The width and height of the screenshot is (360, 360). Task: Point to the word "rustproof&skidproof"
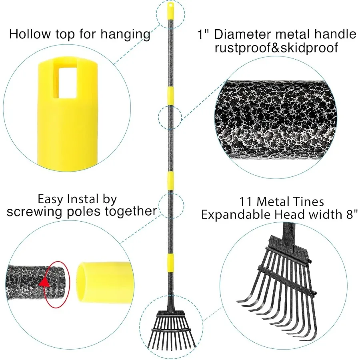pyautogui.click(x=276, y=48)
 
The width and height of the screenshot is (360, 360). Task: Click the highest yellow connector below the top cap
pyautogui.click(x=170, y=95)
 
